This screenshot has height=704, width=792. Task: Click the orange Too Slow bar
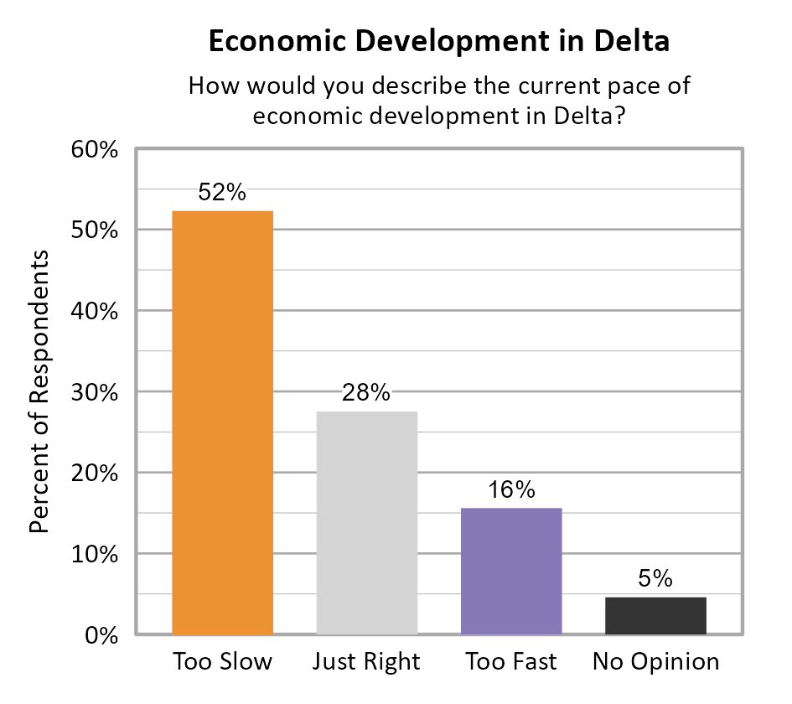[x=222, y=422]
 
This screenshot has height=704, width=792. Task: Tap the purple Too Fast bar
[x=511, y=571]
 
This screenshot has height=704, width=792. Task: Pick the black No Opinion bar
[x=655, y=615]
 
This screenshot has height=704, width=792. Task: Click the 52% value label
[x=222, y=193]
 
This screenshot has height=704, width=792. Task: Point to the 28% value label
[x=366, y=392]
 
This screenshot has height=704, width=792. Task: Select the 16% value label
[x=511, y=489]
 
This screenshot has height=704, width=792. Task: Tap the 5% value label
[x=655, y=578]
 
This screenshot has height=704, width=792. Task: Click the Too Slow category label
[x=222, y=661]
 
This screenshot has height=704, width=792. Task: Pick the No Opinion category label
[x=655, y=661]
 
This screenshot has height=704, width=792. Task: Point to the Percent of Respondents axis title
[x=39, y=392]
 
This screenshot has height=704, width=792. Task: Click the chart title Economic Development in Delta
[x=438, y=42]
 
